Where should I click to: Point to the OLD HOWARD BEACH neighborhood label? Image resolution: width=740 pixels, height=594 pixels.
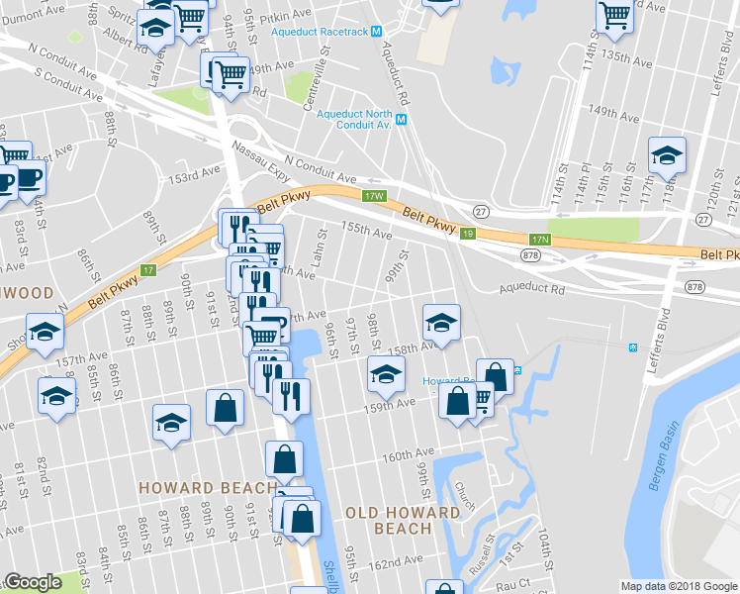tap(403, 520)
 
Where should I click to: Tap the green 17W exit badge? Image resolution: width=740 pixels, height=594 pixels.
tap(372, 196)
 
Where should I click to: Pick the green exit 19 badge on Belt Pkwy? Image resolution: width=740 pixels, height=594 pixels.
tap(468, 233)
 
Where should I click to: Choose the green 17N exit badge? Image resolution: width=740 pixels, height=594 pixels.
tap(538, 240)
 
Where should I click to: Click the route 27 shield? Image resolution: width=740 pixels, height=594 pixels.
tap(481, 211)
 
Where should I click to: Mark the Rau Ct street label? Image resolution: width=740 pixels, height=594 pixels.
tap(511, 584)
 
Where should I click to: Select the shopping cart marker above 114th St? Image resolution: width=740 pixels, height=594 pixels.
tap(615, 15)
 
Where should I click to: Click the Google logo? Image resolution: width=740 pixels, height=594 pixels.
tap(33, 583)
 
